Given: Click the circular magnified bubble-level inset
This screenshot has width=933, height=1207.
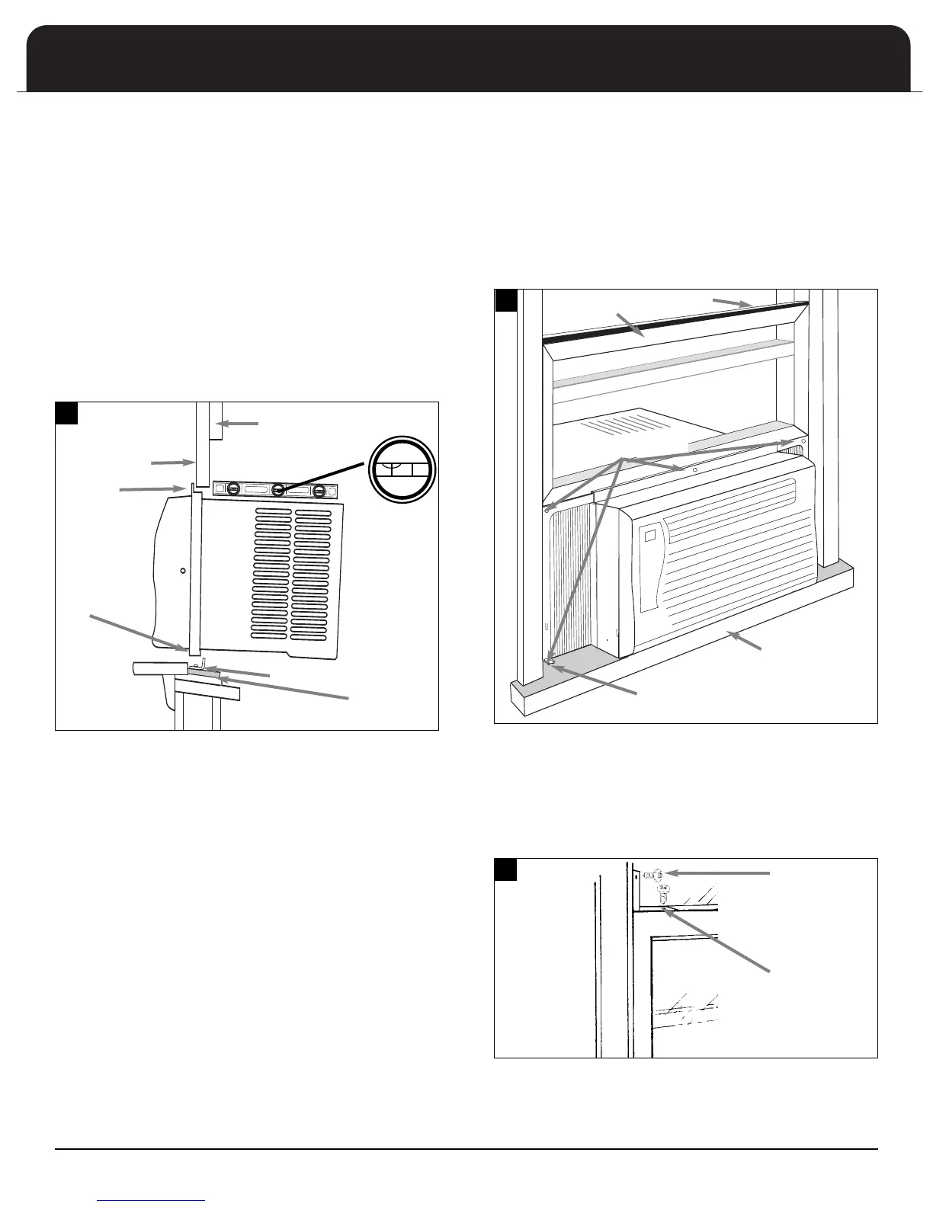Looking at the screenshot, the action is click(x=400, y=469).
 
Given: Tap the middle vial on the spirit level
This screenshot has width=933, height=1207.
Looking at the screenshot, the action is click(x=278, y=490).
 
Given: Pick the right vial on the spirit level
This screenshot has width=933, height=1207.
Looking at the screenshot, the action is click(x=320, y=490).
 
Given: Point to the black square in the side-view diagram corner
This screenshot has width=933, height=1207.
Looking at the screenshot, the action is click(x=67, y=412).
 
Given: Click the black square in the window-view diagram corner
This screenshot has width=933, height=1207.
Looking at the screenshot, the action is click(x=506, y=299).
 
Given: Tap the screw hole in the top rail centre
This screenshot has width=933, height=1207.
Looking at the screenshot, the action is click(x=695, y=470).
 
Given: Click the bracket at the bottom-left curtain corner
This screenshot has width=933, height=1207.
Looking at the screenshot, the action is click(x=550, y=663).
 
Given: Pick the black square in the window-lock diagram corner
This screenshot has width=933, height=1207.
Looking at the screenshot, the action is click(x=506, y=869).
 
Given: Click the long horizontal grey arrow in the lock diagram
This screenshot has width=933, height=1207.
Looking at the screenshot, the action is click(x=724, y=873).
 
